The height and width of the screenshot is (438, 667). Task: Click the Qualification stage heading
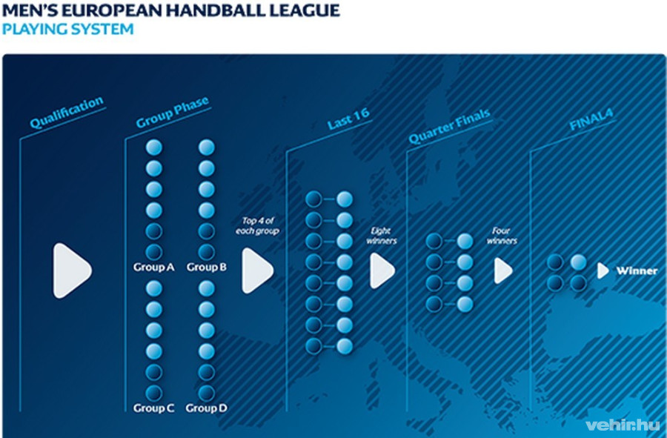pos(67,113)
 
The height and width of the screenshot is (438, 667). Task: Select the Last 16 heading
pos(348,119)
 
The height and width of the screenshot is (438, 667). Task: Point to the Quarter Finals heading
pos(449,127)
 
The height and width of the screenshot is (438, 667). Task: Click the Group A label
pos(153,267)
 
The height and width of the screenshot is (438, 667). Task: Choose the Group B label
pos(207,267)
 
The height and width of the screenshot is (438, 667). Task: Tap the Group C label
pos(153,408)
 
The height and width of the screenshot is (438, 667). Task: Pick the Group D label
pos(206,408)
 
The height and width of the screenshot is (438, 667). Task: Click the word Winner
pos(637,271)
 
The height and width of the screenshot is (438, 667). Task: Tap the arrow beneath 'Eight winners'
pos(382,271)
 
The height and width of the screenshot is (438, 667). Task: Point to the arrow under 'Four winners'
pos(503,271)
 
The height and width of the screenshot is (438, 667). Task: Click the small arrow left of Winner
pos(603,271)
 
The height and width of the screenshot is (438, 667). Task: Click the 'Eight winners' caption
pos(382,236)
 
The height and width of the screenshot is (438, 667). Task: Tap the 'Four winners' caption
pos(504,236)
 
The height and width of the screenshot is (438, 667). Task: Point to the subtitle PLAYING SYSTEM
pos(67,30)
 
